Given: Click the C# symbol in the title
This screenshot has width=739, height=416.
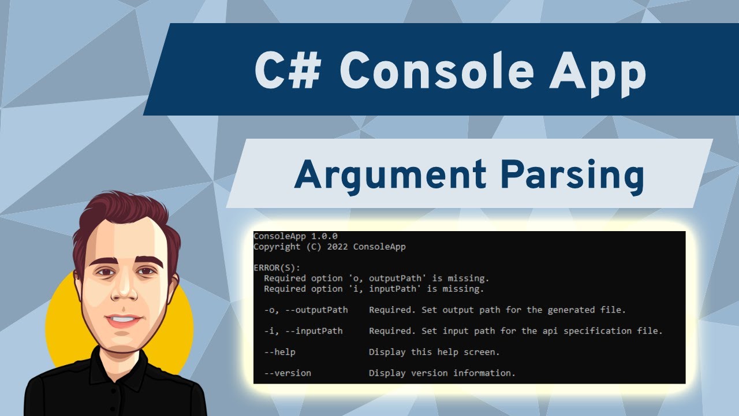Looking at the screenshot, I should (x=288, y=70).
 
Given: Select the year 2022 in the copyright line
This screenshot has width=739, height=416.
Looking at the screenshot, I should (x=337, y=247).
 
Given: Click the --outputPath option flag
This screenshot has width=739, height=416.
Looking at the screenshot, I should (x=316, y=310).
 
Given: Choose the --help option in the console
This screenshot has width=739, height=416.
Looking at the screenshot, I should (x=279, y=352).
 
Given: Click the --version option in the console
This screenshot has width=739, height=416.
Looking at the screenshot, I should (x=288, y=373).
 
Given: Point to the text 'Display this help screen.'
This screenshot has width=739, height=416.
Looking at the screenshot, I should (x=434, y=352).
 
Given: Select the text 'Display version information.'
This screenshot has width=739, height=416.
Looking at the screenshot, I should (x=442, y=373).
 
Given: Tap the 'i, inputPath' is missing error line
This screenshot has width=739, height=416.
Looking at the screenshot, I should (x=374, y=289).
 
